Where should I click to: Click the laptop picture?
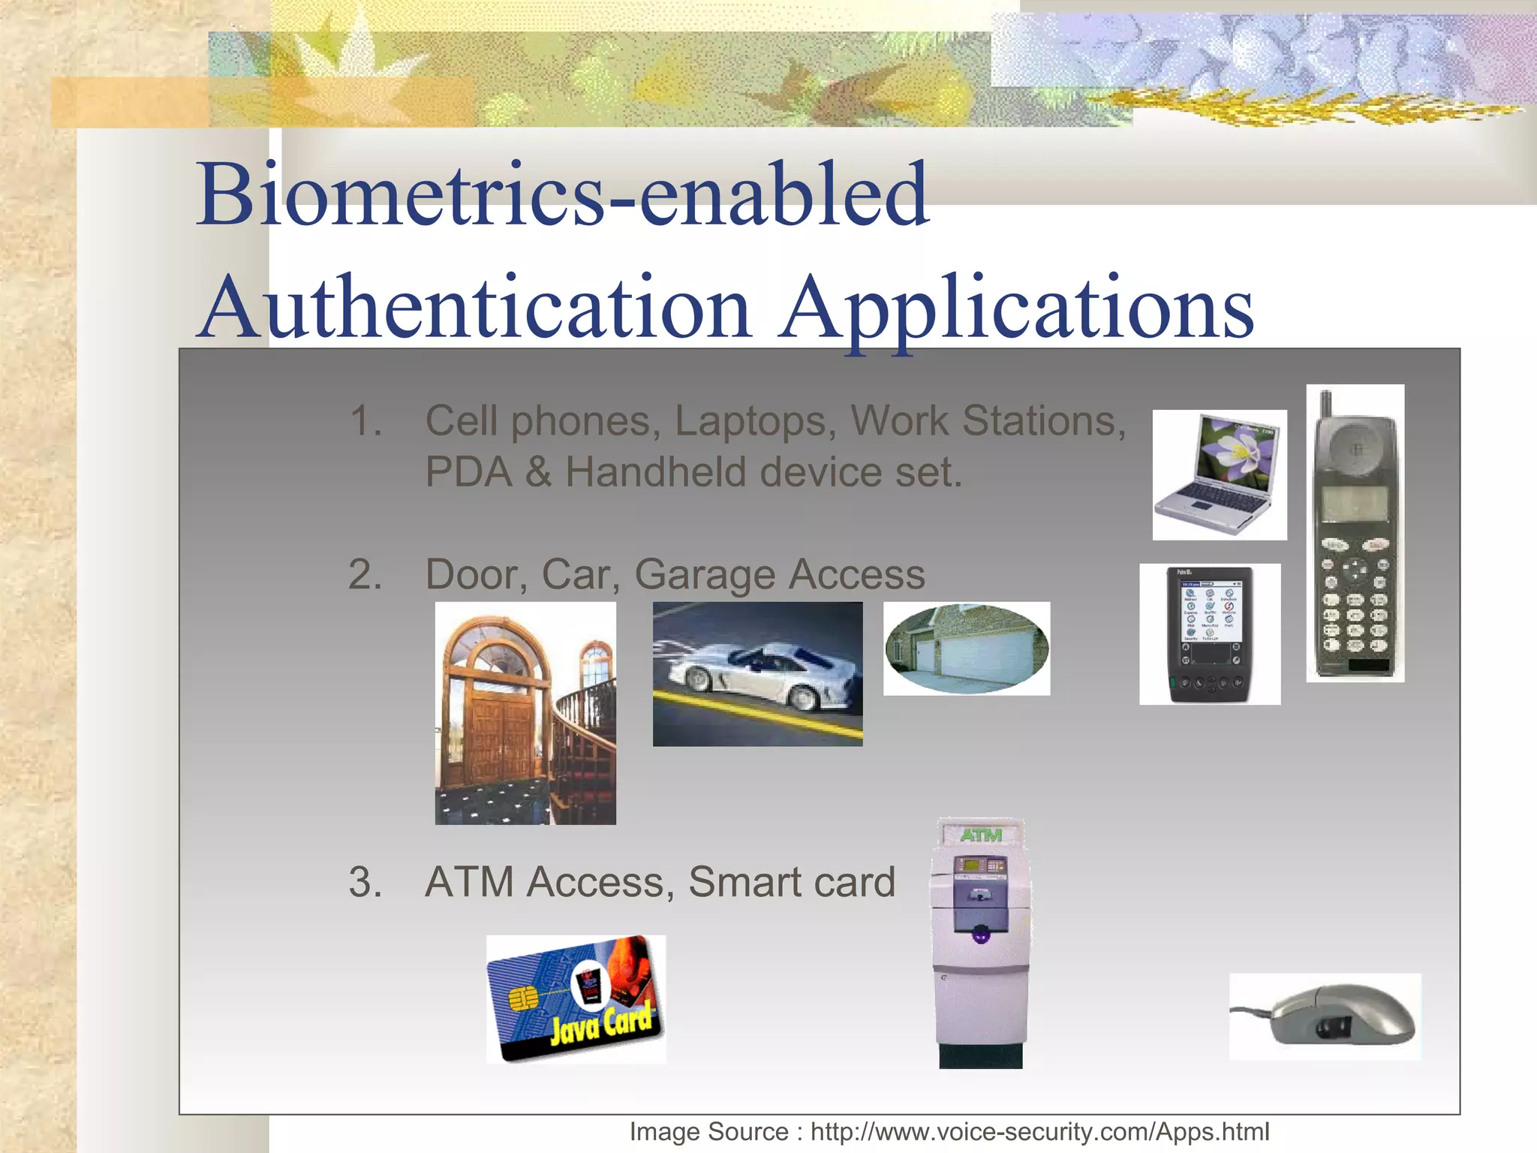coord(1219,474)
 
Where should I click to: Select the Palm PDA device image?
coord(1209,634)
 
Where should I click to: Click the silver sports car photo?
coord(757,673)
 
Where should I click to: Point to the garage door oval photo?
coord(967,649)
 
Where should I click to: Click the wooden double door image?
coord(525,713)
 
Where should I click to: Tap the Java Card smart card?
coord(576,999)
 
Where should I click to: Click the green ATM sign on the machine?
coord(981,835)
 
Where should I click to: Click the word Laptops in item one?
coord(755,420)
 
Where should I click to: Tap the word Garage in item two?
coord(705,575)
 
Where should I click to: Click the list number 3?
coord(365,882)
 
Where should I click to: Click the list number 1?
coord(365,421)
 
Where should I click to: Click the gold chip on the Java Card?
coord(523,998)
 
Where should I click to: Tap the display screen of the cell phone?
coord(1355,503)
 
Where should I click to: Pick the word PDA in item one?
coord(468,473)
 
